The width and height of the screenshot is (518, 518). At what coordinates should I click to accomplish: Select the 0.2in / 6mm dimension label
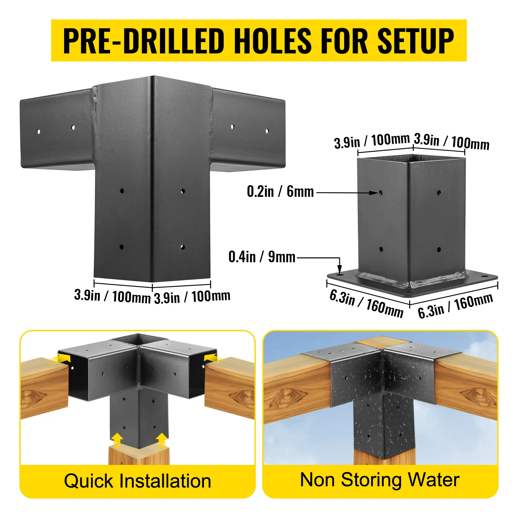(280, 191)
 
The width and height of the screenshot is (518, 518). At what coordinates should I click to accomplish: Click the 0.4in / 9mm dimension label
(262, 257)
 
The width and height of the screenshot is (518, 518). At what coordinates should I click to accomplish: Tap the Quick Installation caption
(138, 481)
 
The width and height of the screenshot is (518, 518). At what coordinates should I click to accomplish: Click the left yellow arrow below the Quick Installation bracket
(117, 441)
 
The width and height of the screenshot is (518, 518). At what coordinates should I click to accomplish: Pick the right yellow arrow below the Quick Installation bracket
(162, 441)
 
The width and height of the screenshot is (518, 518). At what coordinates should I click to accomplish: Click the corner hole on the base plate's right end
(485, 277)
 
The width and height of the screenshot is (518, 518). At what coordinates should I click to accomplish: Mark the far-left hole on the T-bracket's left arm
(39, 131)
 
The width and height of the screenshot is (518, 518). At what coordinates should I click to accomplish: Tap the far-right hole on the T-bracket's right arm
(267, 131)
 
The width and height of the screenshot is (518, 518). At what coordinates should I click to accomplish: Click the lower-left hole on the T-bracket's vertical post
(122, 247)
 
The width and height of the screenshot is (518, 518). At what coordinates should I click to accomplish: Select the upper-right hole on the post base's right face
(439, 193)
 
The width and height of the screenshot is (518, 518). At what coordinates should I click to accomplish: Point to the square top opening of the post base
(411, 158)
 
